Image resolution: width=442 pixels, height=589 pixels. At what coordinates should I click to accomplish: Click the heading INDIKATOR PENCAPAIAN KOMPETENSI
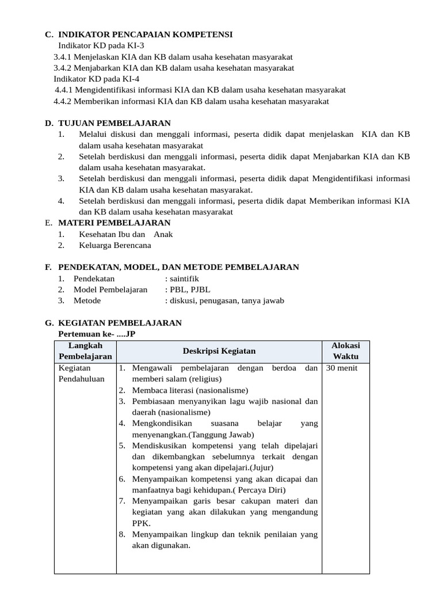145,35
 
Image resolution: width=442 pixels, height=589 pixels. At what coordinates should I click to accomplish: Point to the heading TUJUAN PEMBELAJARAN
115,123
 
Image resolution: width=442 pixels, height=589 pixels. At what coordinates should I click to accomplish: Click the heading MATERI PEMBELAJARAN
115,223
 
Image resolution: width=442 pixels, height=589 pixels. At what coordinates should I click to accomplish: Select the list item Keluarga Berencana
115,245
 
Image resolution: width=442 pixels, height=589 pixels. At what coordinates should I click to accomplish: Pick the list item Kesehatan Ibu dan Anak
125,234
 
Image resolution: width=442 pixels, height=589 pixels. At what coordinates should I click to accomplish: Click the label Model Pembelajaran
110,289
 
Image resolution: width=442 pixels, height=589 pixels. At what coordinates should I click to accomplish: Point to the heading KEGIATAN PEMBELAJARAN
120,323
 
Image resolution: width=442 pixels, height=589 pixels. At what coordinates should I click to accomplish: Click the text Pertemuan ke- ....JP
97,334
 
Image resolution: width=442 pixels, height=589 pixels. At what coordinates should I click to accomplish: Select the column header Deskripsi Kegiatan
219,351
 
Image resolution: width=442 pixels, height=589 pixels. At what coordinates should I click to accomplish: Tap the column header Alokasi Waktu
345,351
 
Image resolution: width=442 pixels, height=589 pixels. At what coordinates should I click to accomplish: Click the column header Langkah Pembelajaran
85,351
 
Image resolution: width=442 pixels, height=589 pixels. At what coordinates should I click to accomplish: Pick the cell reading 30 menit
342,368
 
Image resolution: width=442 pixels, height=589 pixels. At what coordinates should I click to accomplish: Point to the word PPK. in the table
141,523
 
